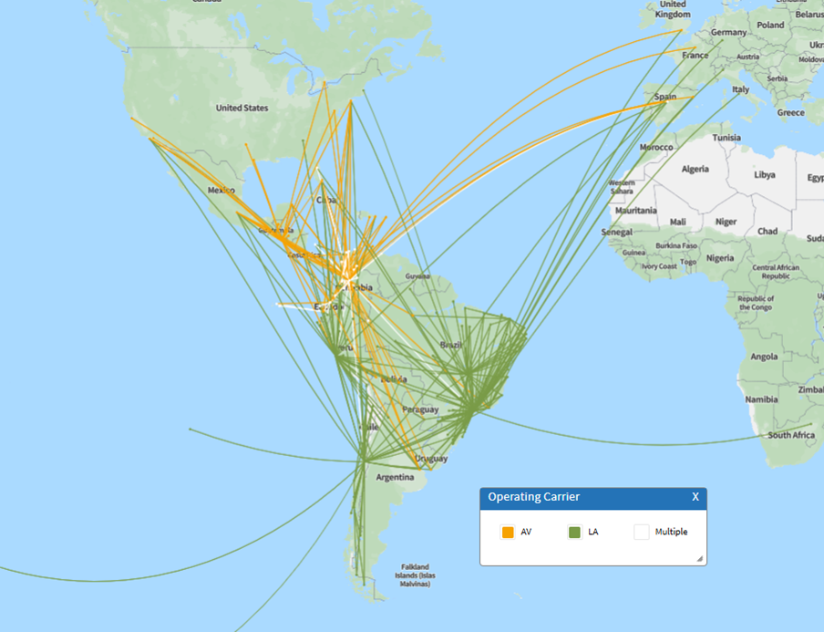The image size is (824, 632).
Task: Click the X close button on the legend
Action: (x=695, y=497)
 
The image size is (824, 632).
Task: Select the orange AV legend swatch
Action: (x=508, y=532)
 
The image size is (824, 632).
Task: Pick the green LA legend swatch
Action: (x=574, y=532)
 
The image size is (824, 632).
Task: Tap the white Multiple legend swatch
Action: (x=642, y=532)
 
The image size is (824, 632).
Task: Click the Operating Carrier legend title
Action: (x=533, y=497)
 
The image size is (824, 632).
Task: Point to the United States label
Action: (x=242, y=108)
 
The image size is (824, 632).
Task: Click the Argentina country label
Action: (x=396, y=477)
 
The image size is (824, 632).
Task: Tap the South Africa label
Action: (x=791, y=435)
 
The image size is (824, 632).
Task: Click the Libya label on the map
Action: (x=765, y=174)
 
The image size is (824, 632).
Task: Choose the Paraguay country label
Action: (x=420, y=409)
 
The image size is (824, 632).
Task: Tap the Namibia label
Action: (x=761, y=399)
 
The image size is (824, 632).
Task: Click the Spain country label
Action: (x=664, y=97)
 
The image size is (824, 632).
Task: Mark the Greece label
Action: (x=790, y=113)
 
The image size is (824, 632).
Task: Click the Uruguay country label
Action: (x=430, y=458)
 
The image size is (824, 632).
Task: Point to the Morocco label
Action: (x=655, y=147)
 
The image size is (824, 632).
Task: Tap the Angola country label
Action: (x=763, y=357)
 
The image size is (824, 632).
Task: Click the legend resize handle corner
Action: (x=699, y=558)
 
